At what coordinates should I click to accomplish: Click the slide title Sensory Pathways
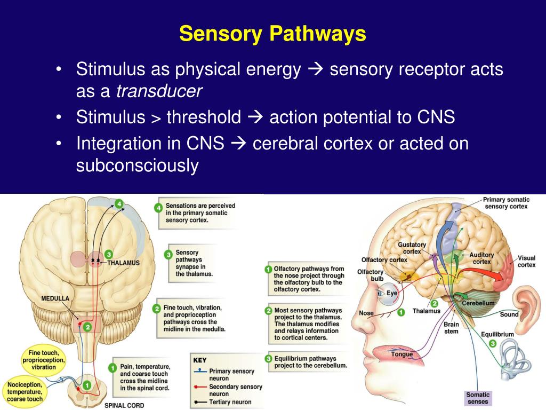272,34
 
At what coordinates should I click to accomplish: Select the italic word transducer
159,91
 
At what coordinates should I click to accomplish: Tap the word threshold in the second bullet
204,117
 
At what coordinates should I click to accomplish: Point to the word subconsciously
137,165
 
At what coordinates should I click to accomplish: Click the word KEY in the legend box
199,360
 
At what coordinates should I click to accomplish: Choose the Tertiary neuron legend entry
230,402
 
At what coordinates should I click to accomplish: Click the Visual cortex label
527,261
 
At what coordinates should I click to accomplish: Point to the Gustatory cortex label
412,248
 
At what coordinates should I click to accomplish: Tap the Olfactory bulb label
370,275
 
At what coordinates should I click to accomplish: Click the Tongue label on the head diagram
402,354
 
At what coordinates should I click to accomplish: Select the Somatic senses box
478,398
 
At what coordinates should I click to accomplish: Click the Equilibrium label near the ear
497,334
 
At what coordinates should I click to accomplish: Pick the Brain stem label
451,327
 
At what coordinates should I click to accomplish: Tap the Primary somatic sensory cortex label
506,203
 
